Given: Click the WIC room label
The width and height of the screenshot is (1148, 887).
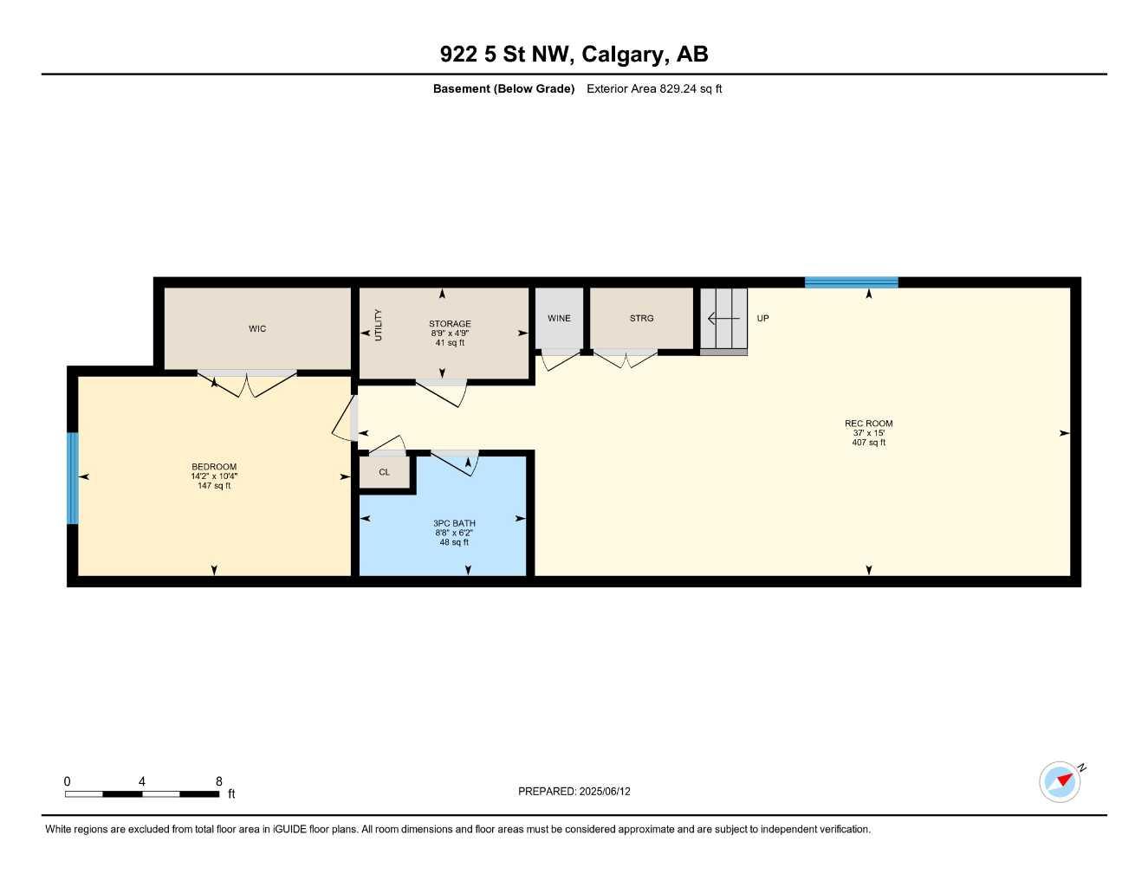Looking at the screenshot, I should [257, 329].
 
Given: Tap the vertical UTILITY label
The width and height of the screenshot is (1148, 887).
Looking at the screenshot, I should [378, 325].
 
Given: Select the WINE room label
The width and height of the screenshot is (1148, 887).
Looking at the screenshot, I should [559, 319].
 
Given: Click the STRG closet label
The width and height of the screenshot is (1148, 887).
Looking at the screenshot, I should [641, 319].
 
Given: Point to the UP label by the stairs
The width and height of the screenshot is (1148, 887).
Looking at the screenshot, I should [762, 319].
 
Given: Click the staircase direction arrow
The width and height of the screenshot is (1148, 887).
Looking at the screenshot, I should [723, 319].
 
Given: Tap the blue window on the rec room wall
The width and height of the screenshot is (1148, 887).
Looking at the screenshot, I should [851, 282].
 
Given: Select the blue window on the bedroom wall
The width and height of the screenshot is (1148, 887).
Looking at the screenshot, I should [73, 478].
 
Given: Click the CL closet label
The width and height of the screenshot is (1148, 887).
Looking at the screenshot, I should [384, 473].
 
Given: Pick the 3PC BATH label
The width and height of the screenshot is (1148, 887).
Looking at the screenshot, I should [454, 523].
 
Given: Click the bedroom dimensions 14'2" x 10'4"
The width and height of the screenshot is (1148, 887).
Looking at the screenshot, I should [214, 476].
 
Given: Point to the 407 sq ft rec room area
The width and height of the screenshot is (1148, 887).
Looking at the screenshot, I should [868, 443].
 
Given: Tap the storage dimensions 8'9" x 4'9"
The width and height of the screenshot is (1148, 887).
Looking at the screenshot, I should [450, 333].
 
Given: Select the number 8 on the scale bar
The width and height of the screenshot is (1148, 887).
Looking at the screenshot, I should [219, 781].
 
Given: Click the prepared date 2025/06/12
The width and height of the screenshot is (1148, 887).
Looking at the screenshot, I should [605, 792].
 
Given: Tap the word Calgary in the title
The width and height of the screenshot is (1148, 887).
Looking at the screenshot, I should [622, 55].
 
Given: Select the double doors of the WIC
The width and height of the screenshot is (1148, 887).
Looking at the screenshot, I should [247, 384].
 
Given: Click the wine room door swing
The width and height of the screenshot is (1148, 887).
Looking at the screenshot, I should [560, 359].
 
